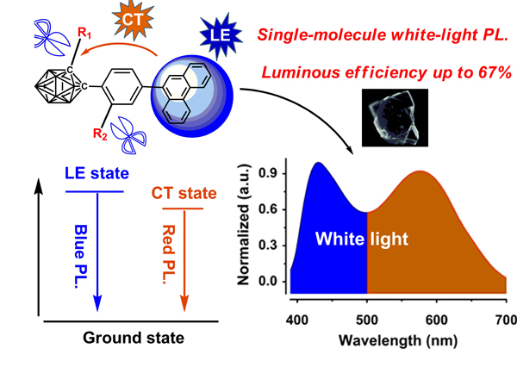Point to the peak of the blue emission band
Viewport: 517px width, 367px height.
(319, 164)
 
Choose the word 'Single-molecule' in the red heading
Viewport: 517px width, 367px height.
(311, 36)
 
